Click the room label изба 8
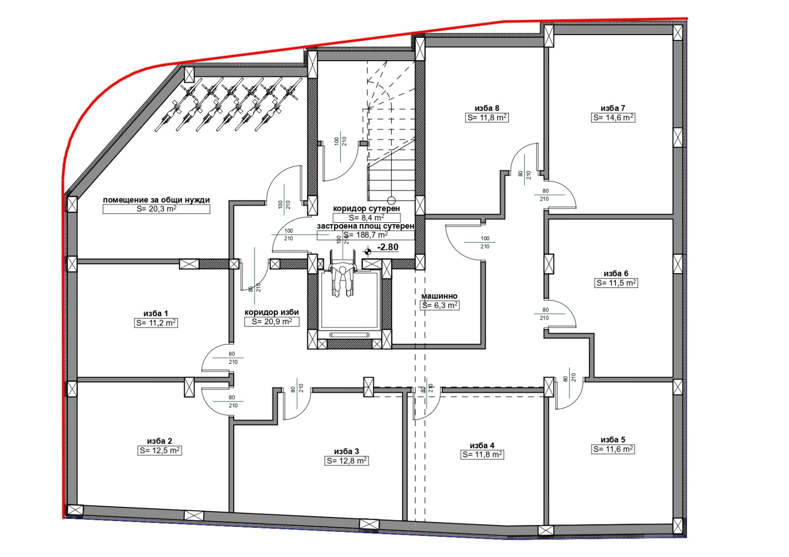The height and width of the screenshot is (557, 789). [x=487, y=108]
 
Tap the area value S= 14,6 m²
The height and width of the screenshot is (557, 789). [x=613, y=118]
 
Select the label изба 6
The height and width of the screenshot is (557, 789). [x=616, y=274]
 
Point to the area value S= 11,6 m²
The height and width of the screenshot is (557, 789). [x=613, y=449]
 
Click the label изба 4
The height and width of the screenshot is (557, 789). [x=482, y=446]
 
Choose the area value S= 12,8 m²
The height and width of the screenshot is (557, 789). [x=347, y=461]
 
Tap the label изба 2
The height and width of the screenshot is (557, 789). [x=159, y=441]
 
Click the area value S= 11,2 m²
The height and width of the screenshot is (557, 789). [x=156, y=323]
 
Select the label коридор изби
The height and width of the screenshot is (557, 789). [x=272, y=313]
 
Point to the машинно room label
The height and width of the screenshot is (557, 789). [x=439, y=296]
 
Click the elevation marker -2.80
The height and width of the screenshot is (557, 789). [x=388, y=247]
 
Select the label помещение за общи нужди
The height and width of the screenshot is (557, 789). [x=156, y=200]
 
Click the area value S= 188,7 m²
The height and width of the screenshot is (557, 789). [x=365, y=235]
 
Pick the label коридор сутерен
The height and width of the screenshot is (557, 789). [x=366, y=209]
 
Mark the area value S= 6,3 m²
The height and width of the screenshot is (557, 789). [x=440, y=306]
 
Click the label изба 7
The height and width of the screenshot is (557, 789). [x=612, y=108]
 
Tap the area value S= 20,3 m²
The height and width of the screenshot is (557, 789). [x=156, y=209]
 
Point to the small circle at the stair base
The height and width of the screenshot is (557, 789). [x=392, y=201]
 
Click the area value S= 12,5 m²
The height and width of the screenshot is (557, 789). [x=160, y=451]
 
